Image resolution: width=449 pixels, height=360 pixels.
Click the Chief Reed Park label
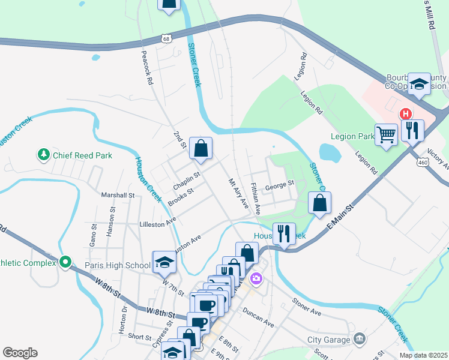(82, 155)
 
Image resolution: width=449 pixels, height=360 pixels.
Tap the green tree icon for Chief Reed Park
(43, 155)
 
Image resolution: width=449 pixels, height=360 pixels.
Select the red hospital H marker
(406, 113)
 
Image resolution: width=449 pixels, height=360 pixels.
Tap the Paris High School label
(117, 265)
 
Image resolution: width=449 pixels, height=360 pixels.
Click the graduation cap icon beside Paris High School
(163, 262)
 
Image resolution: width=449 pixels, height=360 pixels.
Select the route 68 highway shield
(166, 38)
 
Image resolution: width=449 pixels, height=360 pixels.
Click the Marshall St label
(118, 195)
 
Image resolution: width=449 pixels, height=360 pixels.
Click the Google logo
(20, 353)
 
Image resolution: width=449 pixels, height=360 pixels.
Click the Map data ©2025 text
(423, 355)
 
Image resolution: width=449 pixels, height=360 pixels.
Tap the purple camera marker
(257, 278)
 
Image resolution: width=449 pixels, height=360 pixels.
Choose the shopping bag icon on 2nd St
(200, 148)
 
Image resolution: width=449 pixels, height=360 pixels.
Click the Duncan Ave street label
(259, 319)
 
